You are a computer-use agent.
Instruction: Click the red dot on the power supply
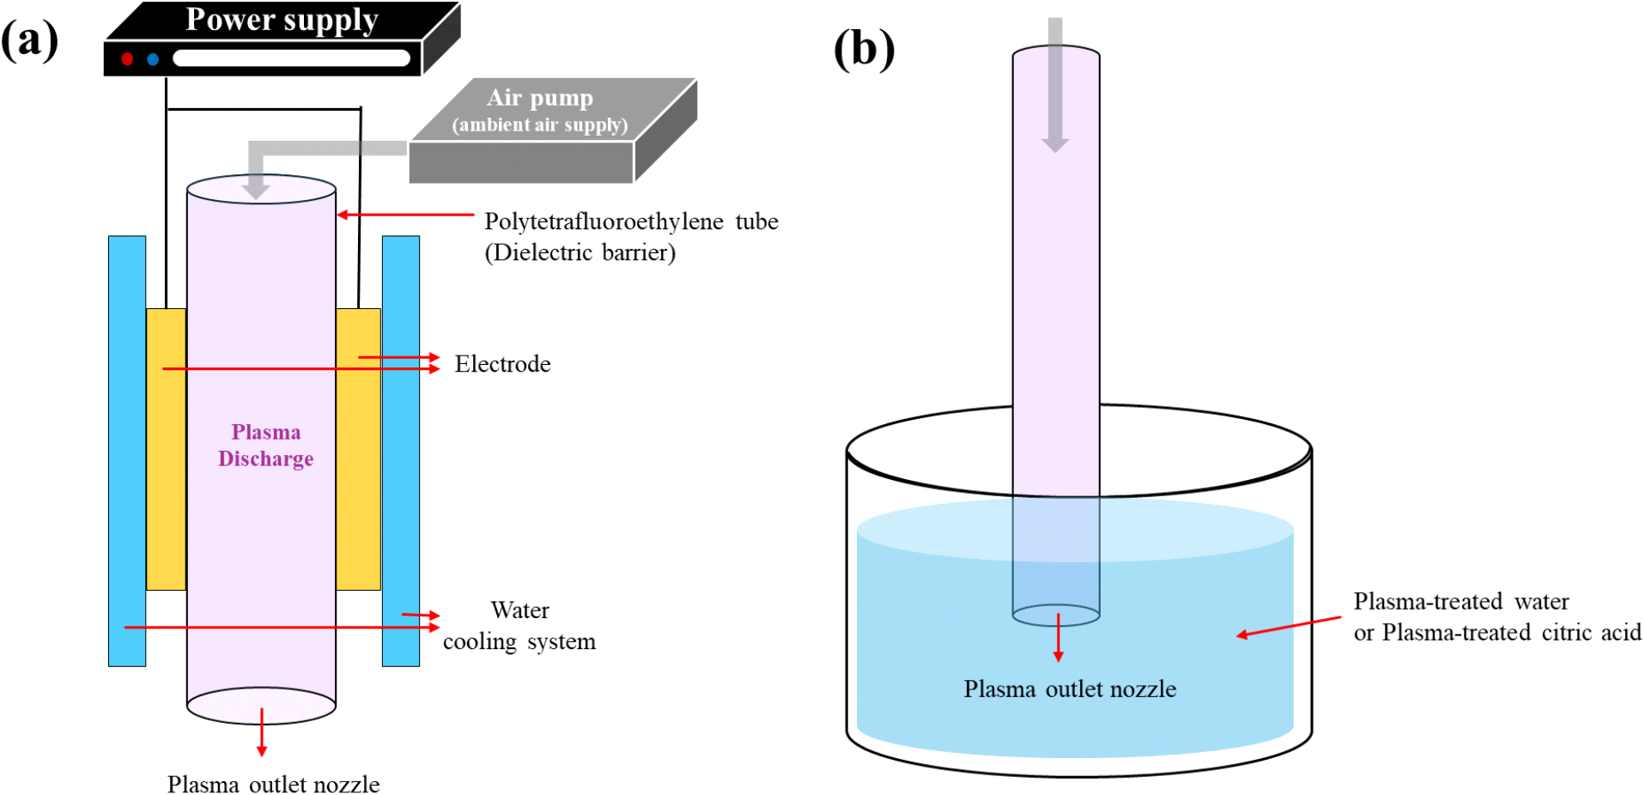pos(127,59)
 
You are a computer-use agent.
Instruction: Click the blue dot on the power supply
pos(153,59)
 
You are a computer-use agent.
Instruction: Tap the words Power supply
pos(282,20)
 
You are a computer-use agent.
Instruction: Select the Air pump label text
pos(540,98)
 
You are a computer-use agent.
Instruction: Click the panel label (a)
pos(29,40)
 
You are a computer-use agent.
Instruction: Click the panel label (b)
pos(864,49)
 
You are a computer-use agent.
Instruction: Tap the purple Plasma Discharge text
pos(265,446)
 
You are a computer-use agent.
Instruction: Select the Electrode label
pos(502,364)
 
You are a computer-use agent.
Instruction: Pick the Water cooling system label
pos(519,626)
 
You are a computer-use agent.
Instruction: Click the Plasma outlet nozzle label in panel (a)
pos(273,785)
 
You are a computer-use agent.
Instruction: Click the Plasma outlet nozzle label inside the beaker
pos(1070,689)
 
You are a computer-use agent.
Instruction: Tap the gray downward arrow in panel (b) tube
pos(1055,86)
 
